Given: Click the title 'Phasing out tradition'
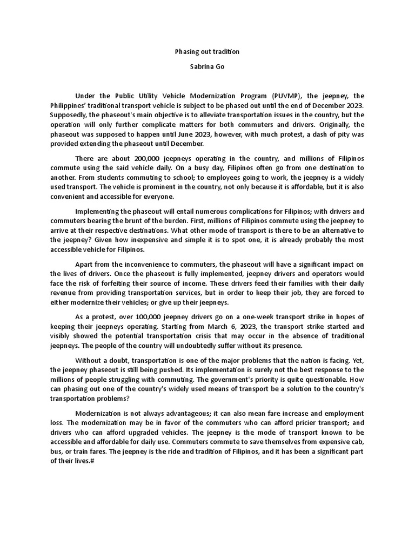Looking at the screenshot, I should click(x=207, y=52).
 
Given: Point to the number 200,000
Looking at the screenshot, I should click(x=146, y=158).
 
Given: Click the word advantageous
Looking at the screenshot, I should click(x=184, y=413).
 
